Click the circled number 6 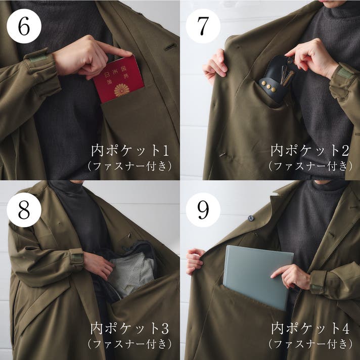24,26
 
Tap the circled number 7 203,26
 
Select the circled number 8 24,210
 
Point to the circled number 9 203,210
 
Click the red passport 118,79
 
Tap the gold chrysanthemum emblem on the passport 122,90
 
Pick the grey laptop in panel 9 258,278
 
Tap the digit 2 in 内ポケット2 345,150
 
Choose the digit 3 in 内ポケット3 165,329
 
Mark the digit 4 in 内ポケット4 345,329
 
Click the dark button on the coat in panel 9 251,218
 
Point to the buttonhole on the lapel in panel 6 170,47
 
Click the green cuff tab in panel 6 38,58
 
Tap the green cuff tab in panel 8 77,257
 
